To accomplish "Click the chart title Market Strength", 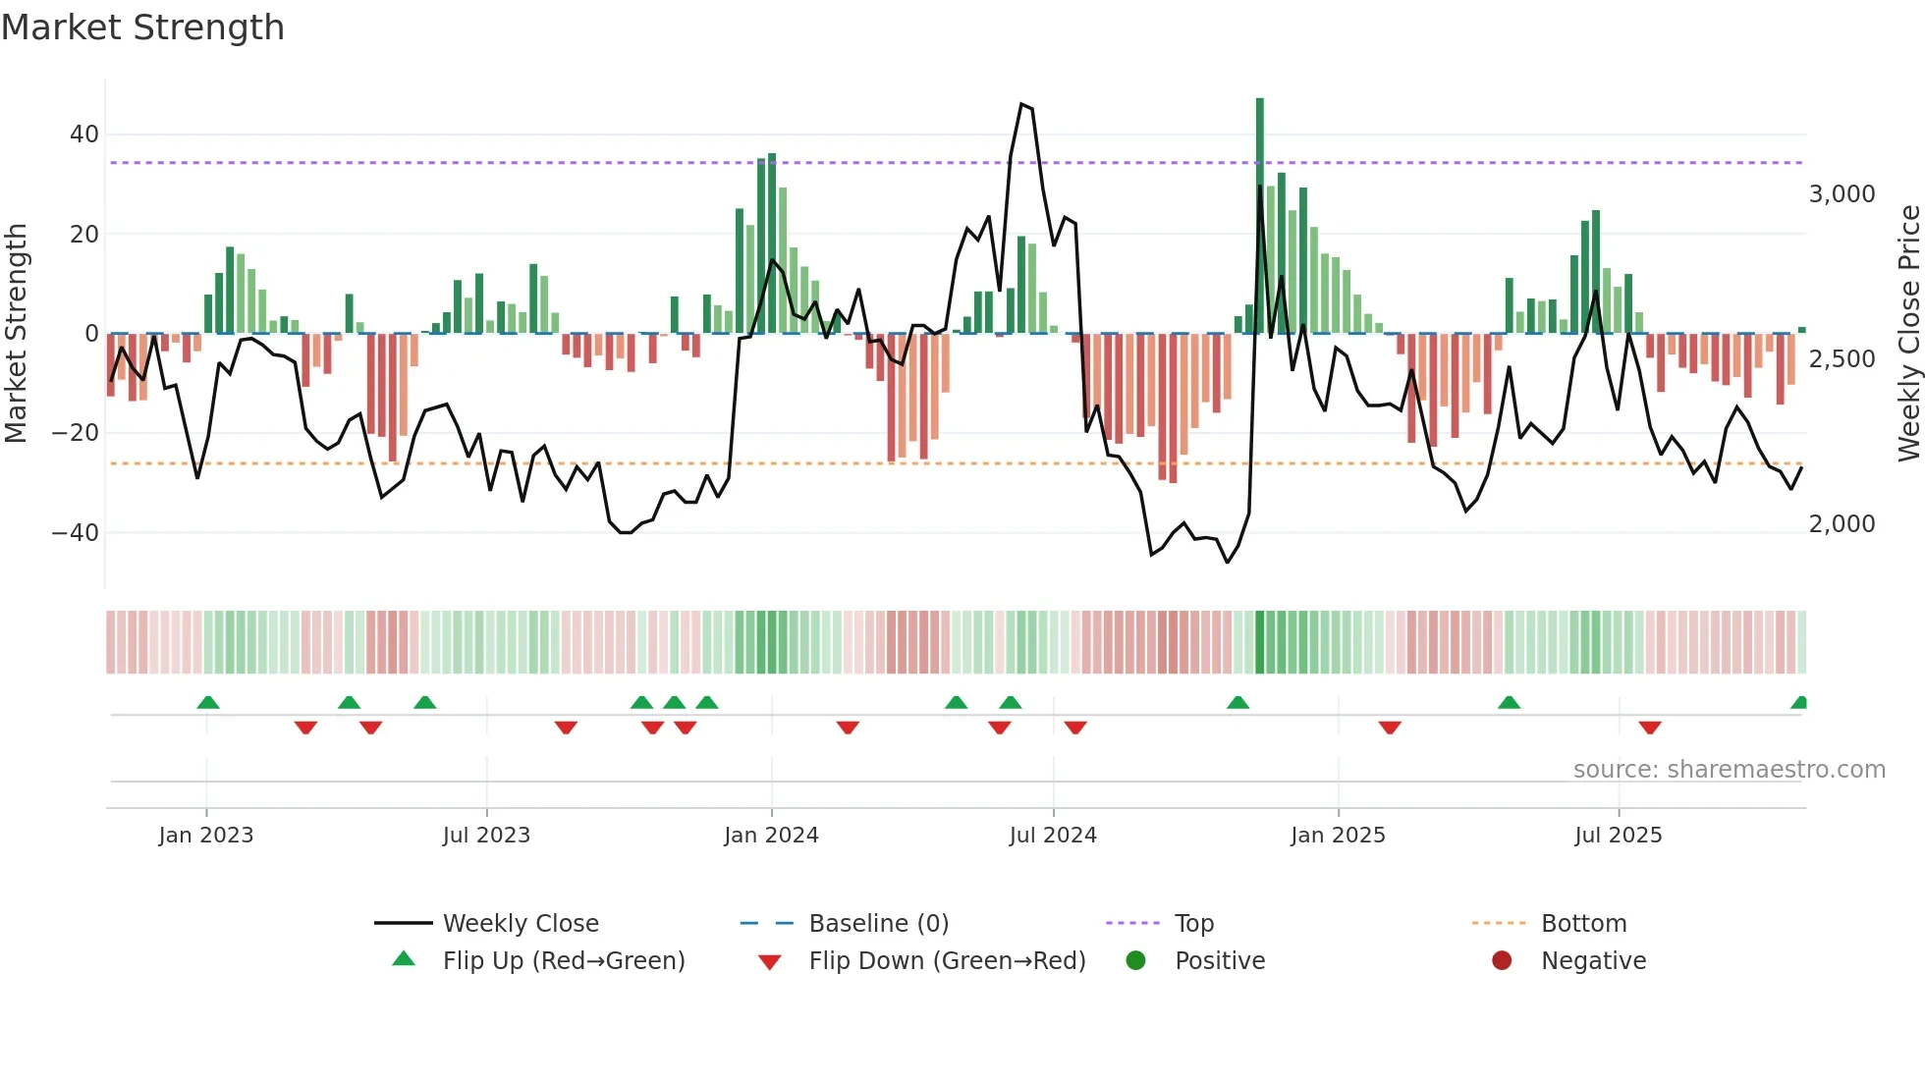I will pyautogui.click(x=142, y=27).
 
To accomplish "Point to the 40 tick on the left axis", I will pyautogui.click(x=84, y=135).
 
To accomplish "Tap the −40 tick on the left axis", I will pyautogui.click(x=76, y=533).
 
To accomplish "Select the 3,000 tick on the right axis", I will pyautogui.click(x=1842, y=194).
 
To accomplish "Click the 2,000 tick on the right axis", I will pyautogui.click(x=1842, y=524).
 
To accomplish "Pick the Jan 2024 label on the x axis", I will pyautogui.click(x=771, y=836).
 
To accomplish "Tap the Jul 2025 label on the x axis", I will pyautogui.click(x=1618, y=836).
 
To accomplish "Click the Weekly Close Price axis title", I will pyautogui.click(x=1908, y=334).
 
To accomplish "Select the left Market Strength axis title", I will pyautogui.click(x=17, y=334).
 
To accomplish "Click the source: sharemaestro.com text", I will pyautogui.click(x=1729, y=770).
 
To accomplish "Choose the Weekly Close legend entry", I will pyautogui.click(x=521, y=924).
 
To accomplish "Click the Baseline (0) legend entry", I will pyautogui.click(x=878, y=924).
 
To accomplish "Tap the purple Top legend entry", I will pyautogui.click(x=1194, y=924).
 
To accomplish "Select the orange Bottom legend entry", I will pyautogui.click(x=1583, y=924).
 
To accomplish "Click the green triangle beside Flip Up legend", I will pyautogui.click(x=404, y=959).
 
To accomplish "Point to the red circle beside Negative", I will pyautogui.click(x=1502, y=960).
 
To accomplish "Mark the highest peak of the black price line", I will pyautogui.click(x=1022, y=104).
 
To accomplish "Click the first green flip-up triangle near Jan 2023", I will pyautogui.click(x=208, y=702).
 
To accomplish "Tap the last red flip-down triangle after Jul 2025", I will pyautogui.click(x=1650, y=728).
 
